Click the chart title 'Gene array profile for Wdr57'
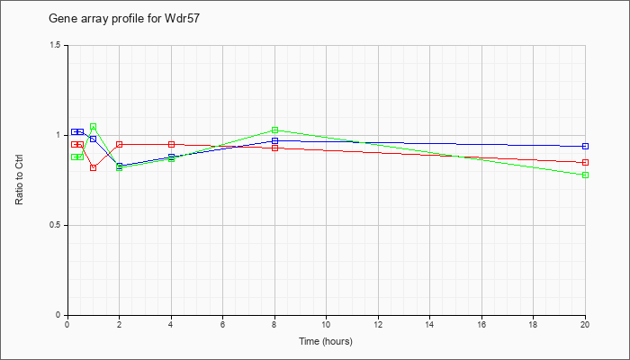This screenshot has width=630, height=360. pos(124,19)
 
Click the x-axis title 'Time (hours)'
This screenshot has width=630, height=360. pos(326,341)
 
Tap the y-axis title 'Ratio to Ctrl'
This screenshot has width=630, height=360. pos(19,180)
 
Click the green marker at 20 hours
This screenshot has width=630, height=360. pos(585,175)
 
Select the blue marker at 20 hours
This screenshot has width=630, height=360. pos(585,146)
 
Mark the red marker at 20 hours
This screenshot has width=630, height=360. pos(585,162)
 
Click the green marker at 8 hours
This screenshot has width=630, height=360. pos(274,130)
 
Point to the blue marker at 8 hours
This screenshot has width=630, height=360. pos(274,140)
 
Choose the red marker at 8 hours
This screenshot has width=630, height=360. pos(274,148)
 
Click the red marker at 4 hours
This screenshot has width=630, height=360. pos(172,144)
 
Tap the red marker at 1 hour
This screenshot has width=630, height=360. pos(94,168)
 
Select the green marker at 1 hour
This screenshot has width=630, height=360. pos(94,127)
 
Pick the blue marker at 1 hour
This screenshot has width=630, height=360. pos(94,139)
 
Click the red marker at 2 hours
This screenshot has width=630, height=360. pos(120,144)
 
